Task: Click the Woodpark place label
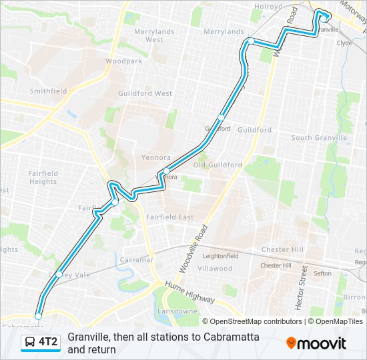124,61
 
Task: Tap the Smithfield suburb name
47,91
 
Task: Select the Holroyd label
268,7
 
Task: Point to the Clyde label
344,43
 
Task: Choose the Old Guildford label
218,165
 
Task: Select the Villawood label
216,268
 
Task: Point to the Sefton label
322,273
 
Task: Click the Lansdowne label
177,311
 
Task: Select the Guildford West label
145,94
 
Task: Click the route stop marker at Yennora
166,171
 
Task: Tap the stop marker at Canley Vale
59,274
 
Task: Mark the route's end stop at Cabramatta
39,316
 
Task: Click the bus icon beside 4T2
29,343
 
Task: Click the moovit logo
316,343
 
